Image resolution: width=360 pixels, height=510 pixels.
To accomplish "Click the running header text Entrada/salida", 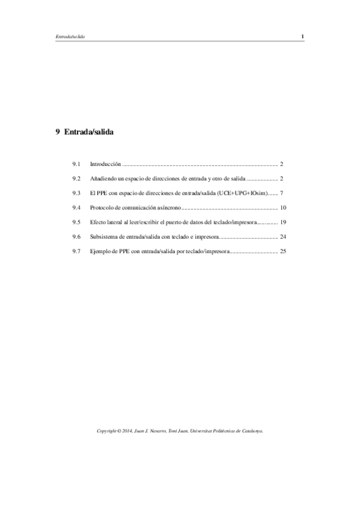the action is click(x=69, y=37).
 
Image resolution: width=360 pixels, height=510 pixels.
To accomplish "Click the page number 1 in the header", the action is click(x=303, y=37).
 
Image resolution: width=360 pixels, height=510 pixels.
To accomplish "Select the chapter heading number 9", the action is click(x=57, y=131).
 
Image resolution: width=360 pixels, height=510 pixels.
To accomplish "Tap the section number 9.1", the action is click(x=76, y=164).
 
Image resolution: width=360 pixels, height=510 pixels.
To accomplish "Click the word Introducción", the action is click(x=105, y=164).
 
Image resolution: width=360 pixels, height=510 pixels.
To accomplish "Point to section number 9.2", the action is click(x=76, y=179).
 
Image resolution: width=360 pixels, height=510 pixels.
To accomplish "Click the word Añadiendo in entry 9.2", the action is click(x=103, y=179).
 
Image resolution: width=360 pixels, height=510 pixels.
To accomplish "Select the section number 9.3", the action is click(x=76, y=193).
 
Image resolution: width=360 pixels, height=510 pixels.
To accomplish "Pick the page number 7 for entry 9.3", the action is click(x=281, y=193).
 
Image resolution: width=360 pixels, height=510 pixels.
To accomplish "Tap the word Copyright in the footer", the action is click(x=108, y=431).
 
